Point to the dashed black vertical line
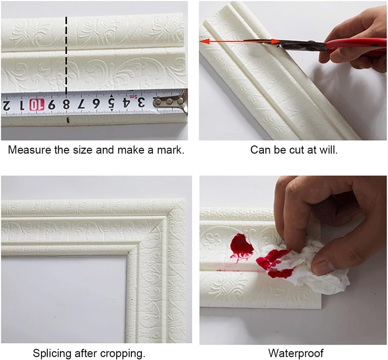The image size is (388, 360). (x=67, y=53)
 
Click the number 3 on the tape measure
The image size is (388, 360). (x=140, y=102)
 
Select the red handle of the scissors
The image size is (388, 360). (x=354, y=45)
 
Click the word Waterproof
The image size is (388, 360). (x=296, y=354)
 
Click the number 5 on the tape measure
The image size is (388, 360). (x=111, y=102)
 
